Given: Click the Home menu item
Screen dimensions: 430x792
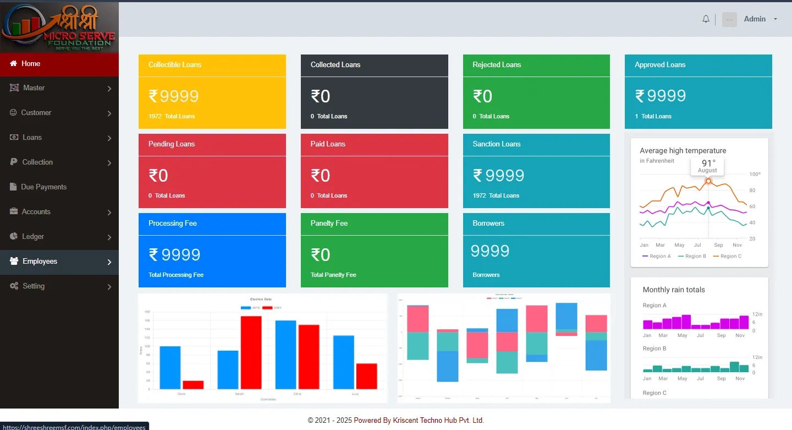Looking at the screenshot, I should (31, 64).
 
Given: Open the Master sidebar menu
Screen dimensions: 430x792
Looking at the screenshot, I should (34, 88).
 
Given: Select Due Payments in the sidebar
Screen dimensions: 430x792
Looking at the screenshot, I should (43, 187).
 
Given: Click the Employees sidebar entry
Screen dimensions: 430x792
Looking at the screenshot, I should (40, 262).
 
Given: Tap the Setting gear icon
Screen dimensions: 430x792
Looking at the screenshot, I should (14, 286).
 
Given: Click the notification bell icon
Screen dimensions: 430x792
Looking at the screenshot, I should (706, 19).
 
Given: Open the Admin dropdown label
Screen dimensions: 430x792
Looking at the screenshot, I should (755, 19).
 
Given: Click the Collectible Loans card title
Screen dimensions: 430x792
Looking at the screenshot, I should (175, 65).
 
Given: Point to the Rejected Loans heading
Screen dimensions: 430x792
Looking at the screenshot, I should (497, 65).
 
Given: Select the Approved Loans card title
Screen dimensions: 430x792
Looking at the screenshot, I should (660, 65).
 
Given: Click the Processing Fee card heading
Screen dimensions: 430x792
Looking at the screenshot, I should (173, 224).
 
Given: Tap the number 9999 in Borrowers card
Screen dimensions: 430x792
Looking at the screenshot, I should (490, 251).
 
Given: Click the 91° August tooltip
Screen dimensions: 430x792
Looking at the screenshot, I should (707, 166).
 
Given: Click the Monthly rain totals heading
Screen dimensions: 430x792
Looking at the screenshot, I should (674, 290).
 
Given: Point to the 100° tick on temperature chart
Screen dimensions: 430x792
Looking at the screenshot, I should (755, 175).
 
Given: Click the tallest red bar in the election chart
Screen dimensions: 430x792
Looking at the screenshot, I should (251, 352).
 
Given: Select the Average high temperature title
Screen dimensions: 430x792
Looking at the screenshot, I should (683, 151).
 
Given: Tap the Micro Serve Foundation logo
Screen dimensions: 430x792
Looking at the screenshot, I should (59, 26).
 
